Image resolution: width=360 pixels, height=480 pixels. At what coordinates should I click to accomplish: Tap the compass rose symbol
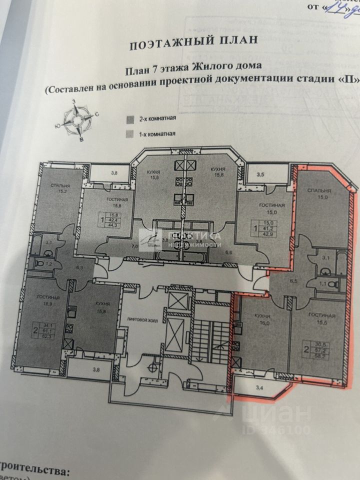(76, 120)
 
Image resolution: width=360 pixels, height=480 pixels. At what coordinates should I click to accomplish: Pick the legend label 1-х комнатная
(157, 134)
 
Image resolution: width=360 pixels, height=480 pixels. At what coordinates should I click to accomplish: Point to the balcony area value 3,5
(260, 175)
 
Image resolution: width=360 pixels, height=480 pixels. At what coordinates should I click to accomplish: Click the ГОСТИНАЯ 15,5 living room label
(322, 320)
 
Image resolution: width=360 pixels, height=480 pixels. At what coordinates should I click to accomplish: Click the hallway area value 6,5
(294, 281)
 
